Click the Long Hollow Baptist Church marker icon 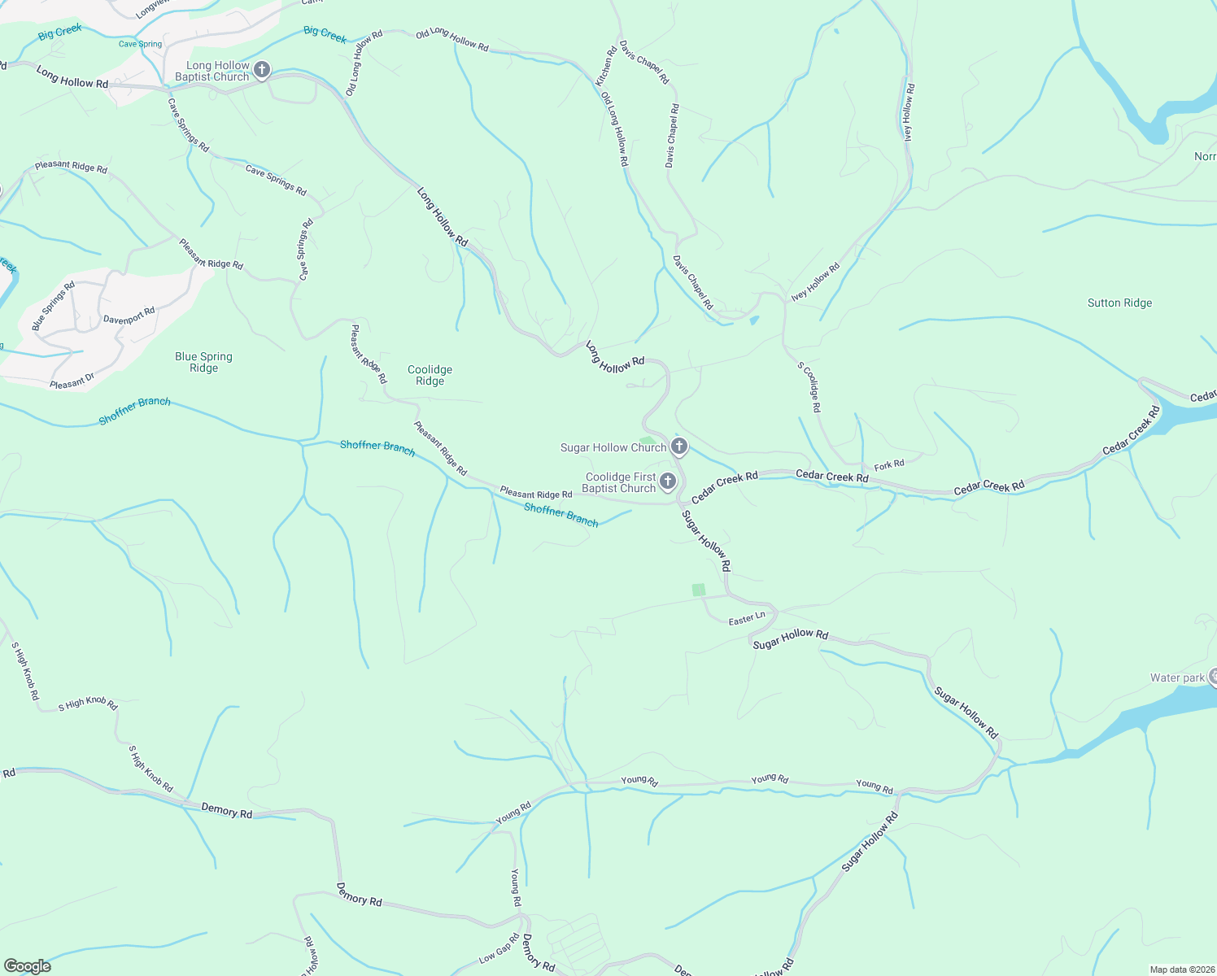point(262,70)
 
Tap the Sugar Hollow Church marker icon point(679,447)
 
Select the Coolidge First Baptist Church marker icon point(668,482)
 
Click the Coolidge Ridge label point(430,375)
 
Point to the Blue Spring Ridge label point(203,362)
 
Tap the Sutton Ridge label point(1119,303)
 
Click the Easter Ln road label point(747,619)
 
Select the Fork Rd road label point(889,465)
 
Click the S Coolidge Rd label point(809,386)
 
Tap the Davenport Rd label point(129,316)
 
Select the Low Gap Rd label point(499,948)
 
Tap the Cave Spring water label point(140,44)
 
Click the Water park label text point(1176,678)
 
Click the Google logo point(28,965)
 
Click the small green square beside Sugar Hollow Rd point(699,590)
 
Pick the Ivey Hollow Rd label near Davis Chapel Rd point(815,281)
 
